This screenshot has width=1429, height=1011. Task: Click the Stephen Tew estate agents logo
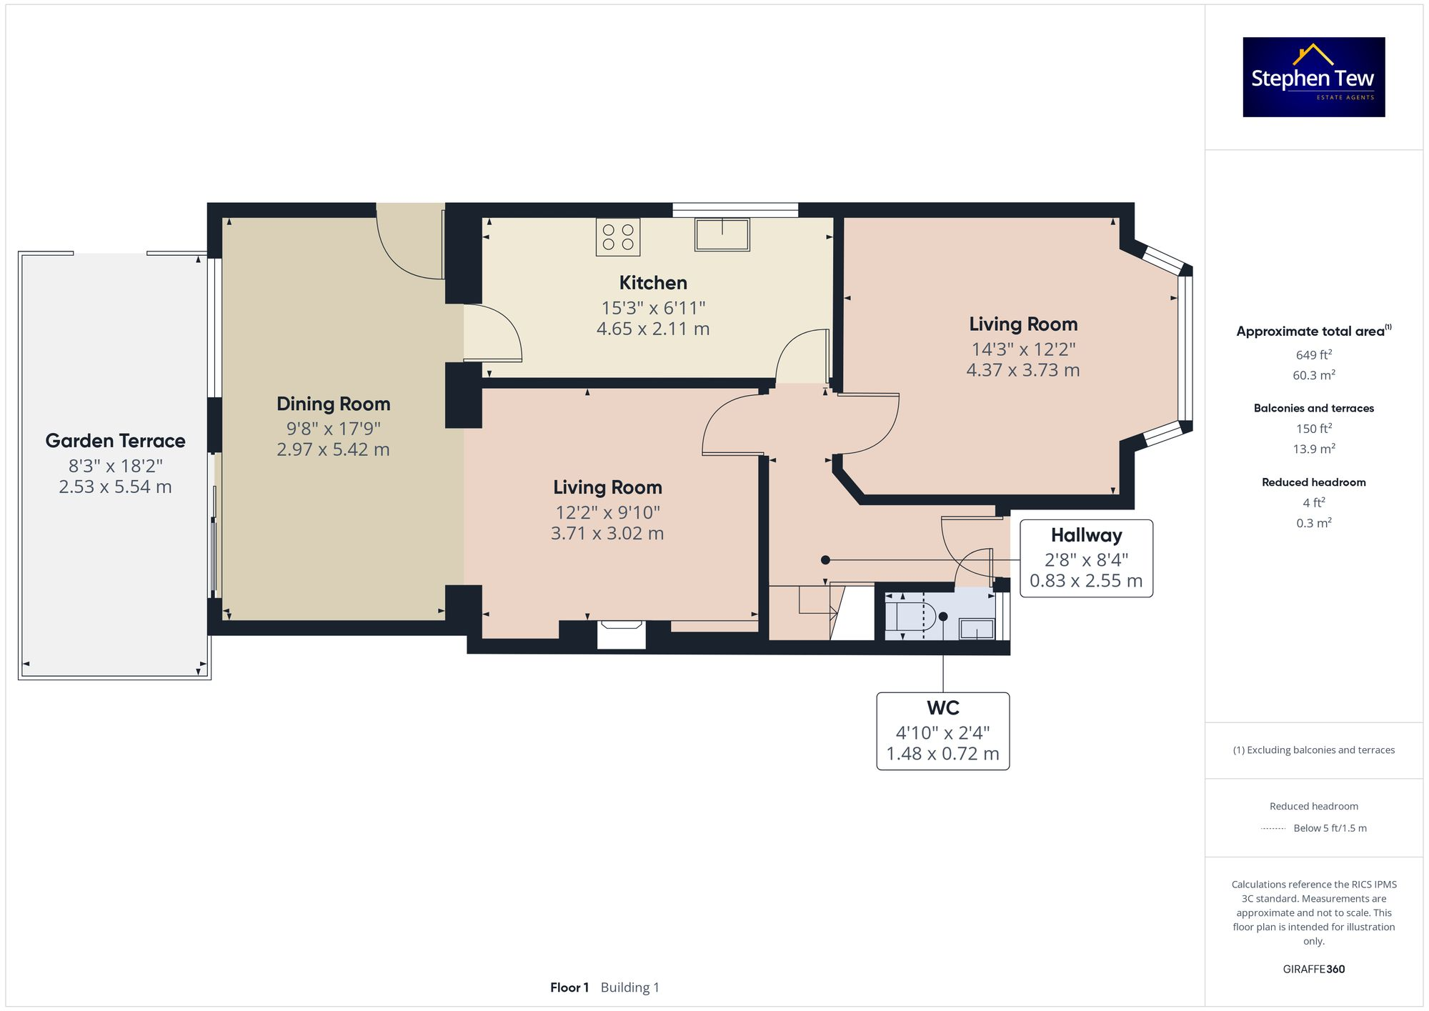(1313, 77)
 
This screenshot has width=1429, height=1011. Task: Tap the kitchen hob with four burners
(618, 237)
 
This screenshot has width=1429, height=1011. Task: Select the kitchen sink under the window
(722, 234)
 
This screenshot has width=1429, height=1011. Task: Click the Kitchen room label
(653, 283)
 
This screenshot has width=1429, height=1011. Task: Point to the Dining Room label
(333, 404)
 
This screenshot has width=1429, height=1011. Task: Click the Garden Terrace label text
(115, 441)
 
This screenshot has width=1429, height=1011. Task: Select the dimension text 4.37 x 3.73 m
(1022, 370)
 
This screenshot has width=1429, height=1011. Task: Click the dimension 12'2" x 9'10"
(607, 512)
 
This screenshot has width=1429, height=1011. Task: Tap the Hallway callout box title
(1086, 535)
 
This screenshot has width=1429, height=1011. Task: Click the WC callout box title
(942, 708)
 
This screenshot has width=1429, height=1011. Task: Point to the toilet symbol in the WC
(910, 615)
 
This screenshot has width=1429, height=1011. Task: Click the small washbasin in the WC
(976, 629)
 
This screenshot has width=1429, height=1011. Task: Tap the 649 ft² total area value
(1313, 355)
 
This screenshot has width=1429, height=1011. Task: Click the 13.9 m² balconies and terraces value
(1313, 449)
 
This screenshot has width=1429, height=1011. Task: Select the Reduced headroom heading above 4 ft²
(1313, 482)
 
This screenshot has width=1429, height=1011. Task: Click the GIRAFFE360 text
(1313, 969)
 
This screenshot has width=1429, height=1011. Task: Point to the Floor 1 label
(569, 987)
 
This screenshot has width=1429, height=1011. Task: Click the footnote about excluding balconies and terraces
(1313, 750)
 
